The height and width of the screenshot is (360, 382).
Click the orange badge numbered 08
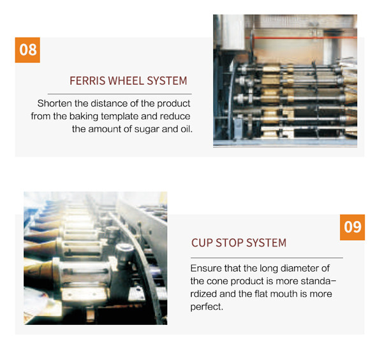pyautogui.click(x=27, y=50)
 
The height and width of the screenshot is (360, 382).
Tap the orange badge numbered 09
pyautogui.click(x=352, y=227)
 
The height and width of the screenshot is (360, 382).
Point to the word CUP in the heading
pyautogui.click(x=202, y=243)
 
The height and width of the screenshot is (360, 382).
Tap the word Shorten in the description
pyautogui.click(x=55, y=103)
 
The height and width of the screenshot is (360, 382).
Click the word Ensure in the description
pyautogui.click(x=206, y=268)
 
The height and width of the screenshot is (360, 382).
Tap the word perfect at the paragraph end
pyautogui.click(x=207, y=306)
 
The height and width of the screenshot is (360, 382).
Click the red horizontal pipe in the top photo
pyautogui.click(x=301, y=38)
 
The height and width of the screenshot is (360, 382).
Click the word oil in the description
pyautogui.click(x=187, y=129)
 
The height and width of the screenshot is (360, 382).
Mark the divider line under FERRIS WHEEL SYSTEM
pyautogui.click(x=120, y=94)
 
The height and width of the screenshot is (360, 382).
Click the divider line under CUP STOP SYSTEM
pyautogui.click(x=267, y=257)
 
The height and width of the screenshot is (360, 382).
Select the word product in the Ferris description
pyautogui.click(x=173, y=104)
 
